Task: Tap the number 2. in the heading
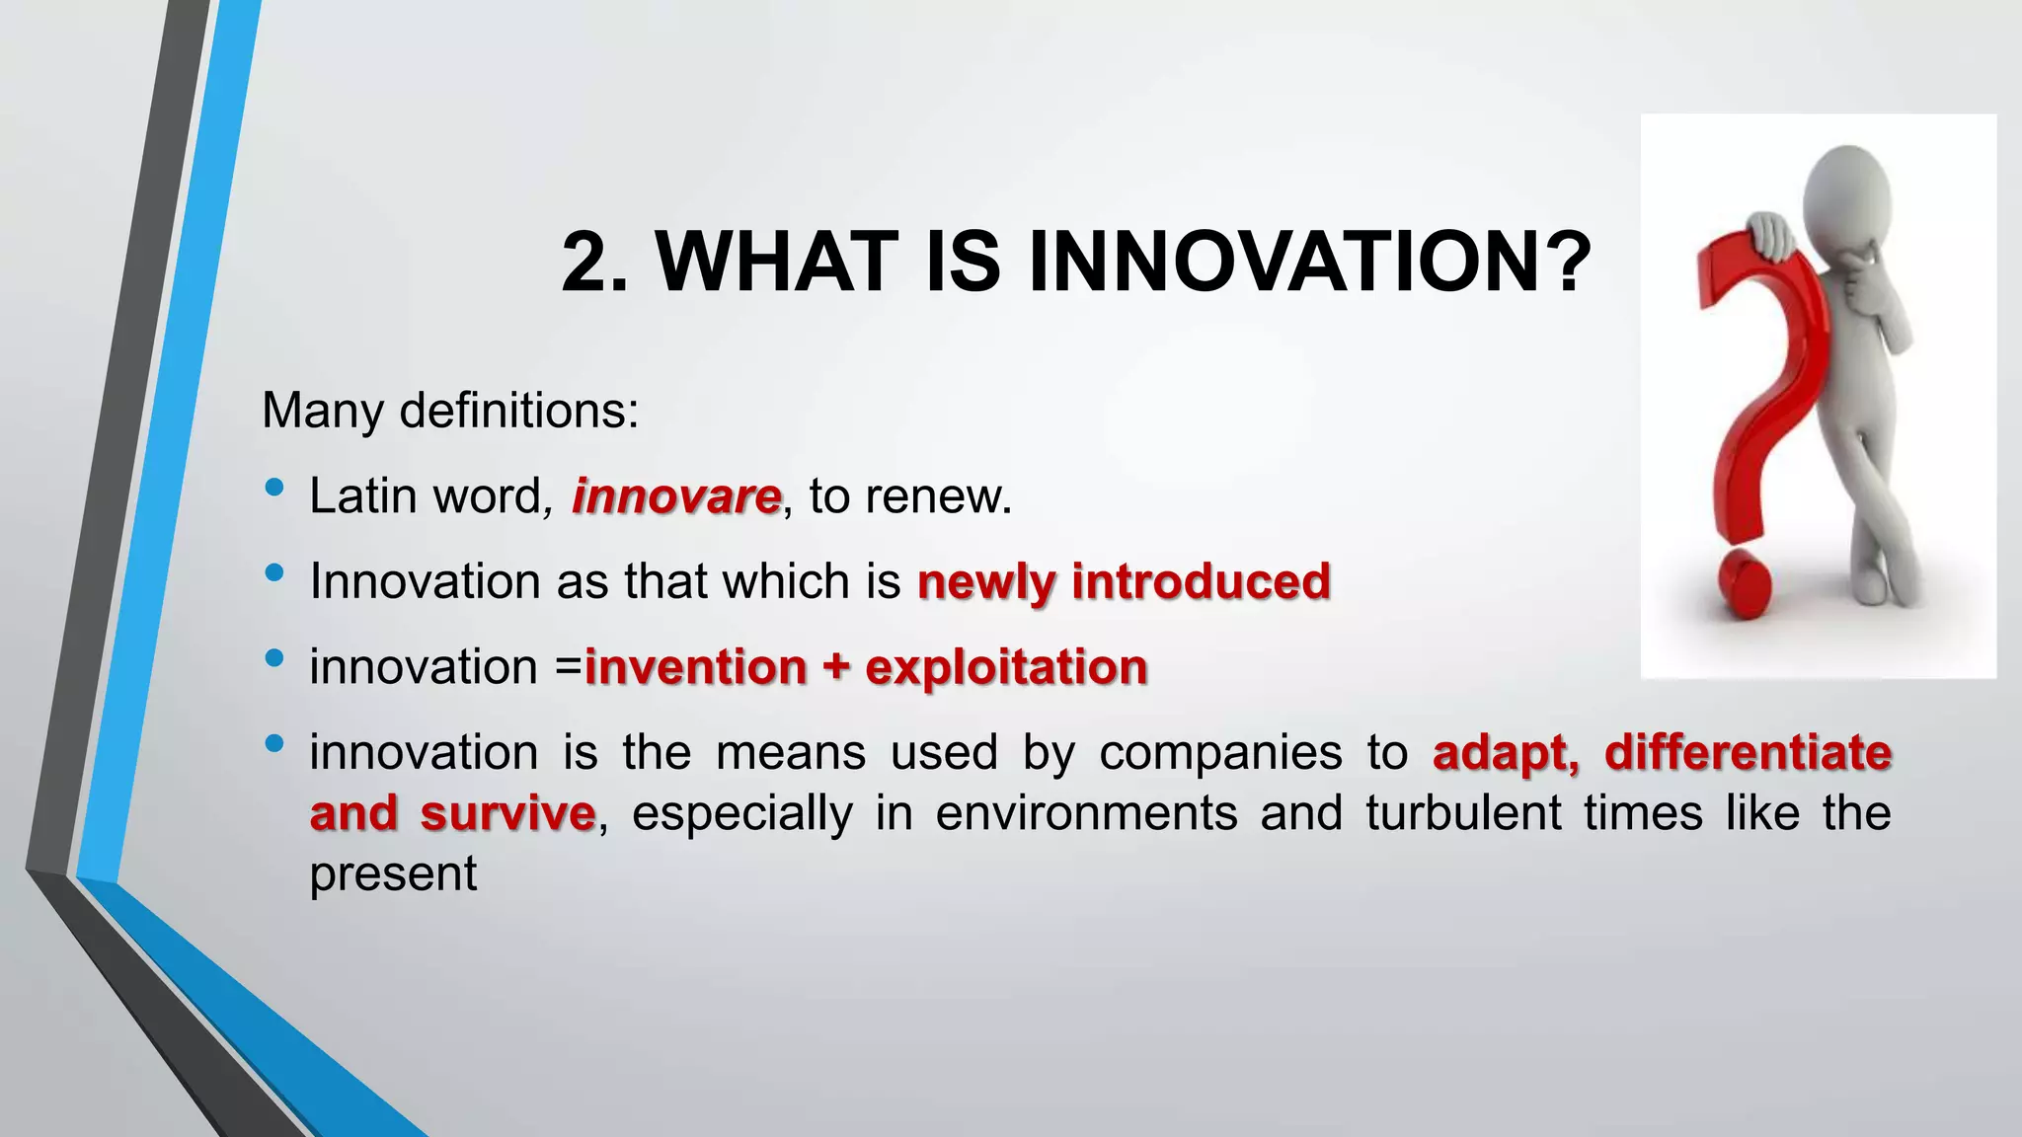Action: coord(594,263)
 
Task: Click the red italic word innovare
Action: coord(676,495)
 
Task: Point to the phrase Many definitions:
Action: coord(450,410)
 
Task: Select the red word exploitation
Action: coord(1006,668)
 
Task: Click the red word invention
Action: coord(696,668)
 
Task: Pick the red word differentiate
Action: coord(1748,753)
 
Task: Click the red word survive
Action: coord(507,814)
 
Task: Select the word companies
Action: coord(1220,753)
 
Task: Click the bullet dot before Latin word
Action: coord(274,487)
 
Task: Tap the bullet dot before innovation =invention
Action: coord(274,657)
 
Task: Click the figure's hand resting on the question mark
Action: coord(1771,236)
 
